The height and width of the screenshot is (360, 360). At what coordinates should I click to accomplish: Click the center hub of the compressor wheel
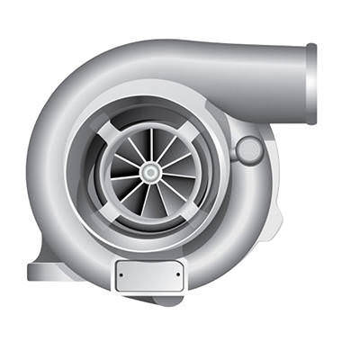150,171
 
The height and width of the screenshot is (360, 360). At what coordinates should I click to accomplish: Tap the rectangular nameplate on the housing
149,274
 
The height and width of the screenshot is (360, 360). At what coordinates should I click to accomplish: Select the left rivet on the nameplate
122,274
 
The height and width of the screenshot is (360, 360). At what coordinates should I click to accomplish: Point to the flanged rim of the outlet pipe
311,84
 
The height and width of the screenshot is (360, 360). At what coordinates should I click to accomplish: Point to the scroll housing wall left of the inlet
49,171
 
